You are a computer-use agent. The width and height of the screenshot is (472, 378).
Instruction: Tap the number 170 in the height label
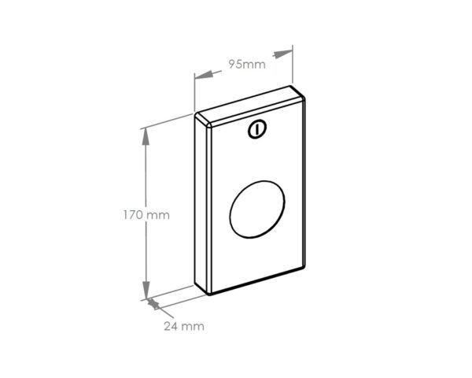coord(134,214)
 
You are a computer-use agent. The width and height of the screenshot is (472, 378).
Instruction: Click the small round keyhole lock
coord(257,130)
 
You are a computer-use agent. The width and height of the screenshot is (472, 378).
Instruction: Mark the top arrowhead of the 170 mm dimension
coord(146,136)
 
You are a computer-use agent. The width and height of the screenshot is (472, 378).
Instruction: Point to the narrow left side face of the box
coord(201,206)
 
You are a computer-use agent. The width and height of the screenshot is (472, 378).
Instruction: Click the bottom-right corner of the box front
coord(305,268)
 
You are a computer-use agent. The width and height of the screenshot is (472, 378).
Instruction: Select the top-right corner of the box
coord(304,93)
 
